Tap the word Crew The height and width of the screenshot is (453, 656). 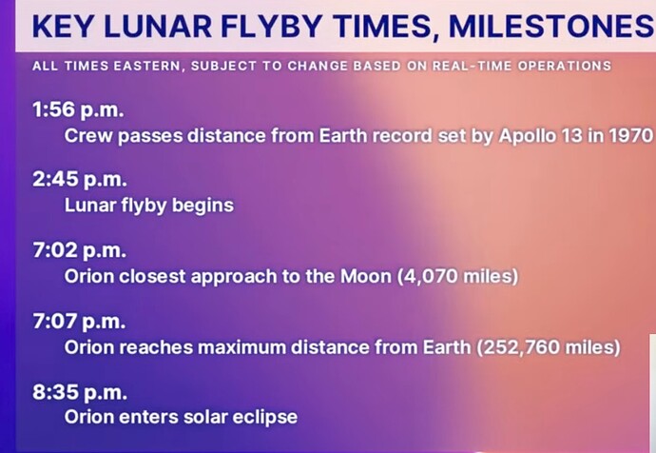coord(87,135)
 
